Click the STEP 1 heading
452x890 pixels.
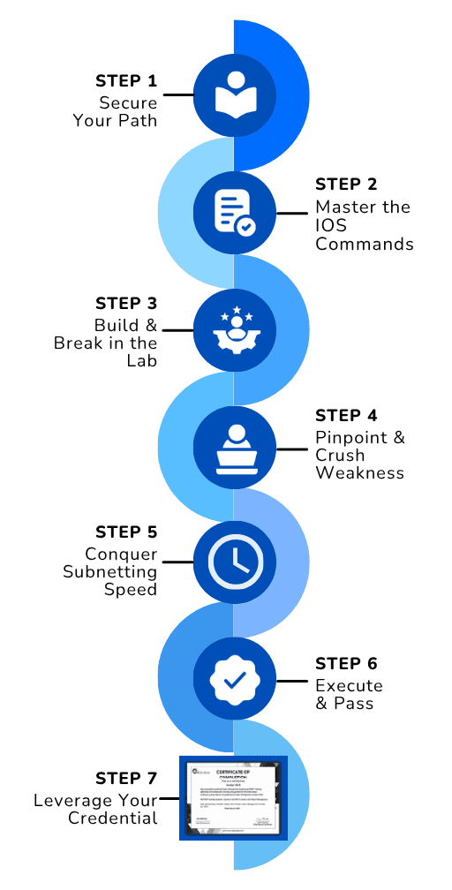click(x=126, y=81)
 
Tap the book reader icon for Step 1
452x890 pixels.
click(x=234, y=94)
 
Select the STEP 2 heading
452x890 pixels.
click(x=346, y=185)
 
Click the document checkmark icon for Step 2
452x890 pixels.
click(x=234, y=212)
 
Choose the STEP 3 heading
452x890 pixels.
click(x=126, y=303)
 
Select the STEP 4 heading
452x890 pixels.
click(x=346, y=415)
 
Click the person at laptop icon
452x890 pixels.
click(x=234, y=447)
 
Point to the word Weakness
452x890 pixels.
click(x=359, y=473)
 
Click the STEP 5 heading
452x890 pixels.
click(x=126, y=532)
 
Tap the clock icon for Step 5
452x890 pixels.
click(x=234, y=562)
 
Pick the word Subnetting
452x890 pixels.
click(x=109, y=572)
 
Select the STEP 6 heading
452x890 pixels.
click(x=346, y=664)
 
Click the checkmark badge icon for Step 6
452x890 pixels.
click(x=234, y=679)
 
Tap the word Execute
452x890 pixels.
click(x=349, y=686)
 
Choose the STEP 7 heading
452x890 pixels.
click(x=126, y=779)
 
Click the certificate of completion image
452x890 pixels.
click(x=234, y=797)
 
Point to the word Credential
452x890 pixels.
click(x=114, y=818)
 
